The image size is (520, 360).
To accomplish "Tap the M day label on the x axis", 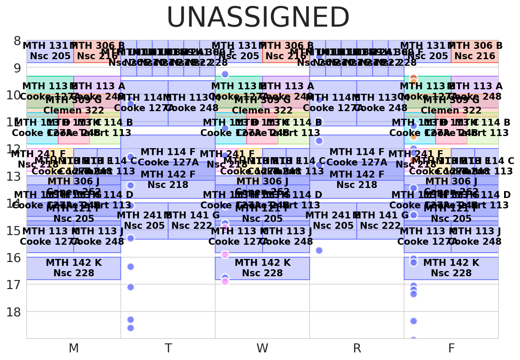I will tap(74, 348).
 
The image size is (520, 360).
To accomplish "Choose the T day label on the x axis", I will tap(168, 348).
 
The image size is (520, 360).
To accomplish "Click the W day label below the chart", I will tap(262, 348).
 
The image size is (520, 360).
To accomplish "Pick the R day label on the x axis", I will tap(357, 348).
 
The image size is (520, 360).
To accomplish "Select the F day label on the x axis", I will tap(451, 348).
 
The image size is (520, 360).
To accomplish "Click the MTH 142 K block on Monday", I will tap(74, 268).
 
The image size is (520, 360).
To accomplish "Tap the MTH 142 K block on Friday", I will tap(451, 268).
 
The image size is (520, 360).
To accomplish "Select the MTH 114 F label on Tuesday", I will tap(168, 152).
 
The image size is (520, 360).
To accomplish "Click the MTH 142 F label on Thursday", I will tap(357, 174).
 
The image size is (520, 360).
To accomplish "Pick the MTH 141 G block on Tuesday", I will tap(192, 221).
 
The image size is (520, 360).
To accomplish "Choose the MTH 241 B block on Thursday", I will tap(333, 221).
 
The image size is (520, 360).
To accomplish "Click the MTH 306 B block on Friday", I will tap(475, 51).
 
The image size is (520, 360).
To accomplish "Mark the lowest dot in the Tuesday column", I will tap(130, 328).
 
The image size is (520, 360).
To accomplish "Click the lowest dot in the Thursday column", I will tap(319, 250).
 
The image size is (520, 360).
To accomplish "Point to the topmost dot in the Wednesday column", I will tap(225, 74).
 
